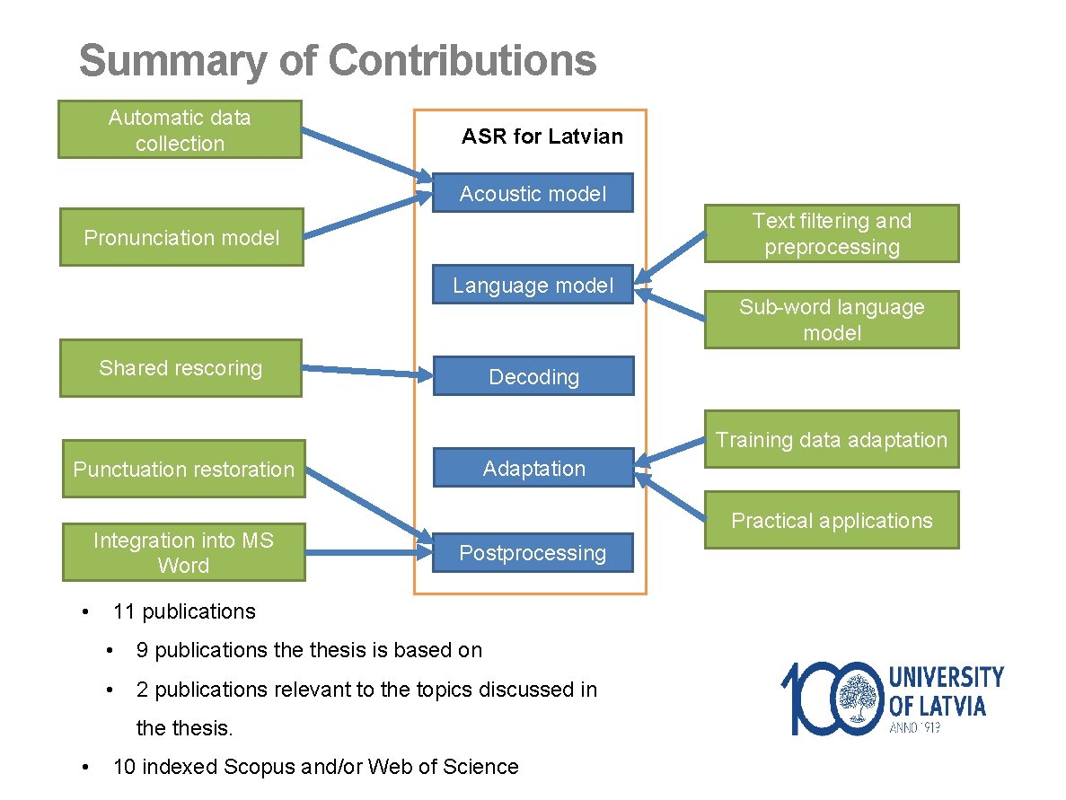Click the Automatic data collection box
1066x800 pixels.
pyautogui.click(x=180, y=129)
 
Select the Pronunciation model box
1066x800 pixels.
pyautogui.click(x=181, y=237)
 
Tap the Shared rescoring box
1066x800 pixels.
pyautogui.click(x=181, y=368)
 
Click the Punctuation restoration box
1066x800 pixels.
pyautogui.click(x=183, y=469)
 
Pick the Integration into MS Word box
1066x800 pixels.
pyautogui.click(x=183, y=552)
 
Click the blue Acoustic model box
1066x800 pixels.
pyautogui.click(x=533, y=193)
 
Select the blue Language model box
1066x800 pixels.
pyautogui.click(x=533, y=285)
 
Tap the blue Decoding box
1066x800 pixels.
pyautogui.click(x=533, y=376)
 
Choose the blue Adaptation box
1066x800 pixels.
pyautogui.click(x=533, y=468)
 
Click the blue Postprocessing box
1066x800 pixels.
pyautogui.click(x=533, y=552)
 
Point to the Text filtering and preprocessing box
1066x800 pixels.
pyautogui.click(x=831, y=233)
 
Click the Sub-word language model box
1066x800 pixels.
pyautogui.click(x=831, y=320)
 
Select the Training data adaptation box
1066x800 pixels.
pyautogui.click(x=831, y=439)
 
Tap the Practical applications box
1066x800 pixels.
pyautogui.click(x=831, y=520)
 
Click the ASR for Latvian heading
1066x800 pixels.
pyautogui.click(x=542, y=136)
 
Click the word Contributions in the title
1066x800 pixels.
pyautogui.click(x=462, y=61)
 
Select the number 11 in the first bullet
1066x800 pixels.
pyautogui.click(x=124, y=611)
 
